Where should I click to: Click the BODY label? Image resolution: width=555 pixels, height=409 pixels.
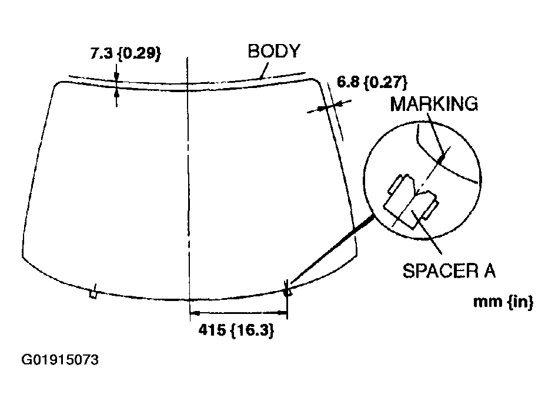pos(273,51)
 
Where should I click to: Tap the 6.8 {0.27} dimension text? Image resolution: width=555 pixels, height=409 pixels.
pos(372,81)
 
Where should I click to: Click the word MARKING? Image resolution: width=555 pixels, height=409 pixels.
pos(434,104)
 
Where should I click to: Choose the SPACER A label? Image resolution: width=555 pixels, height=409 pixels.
pos(449,271)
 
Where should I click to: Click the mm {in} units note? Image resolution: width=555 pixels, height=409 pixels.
pos(503,302)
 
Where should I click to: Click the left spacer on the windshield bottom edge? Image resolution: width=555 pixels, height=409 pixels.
pos(92,293)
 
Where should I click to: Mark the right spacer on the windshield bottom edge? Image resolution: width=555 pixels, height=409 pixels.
pos(288,290)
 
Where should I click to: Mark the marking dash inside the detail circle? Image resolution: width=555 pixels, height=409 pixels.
pos(442,157)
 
